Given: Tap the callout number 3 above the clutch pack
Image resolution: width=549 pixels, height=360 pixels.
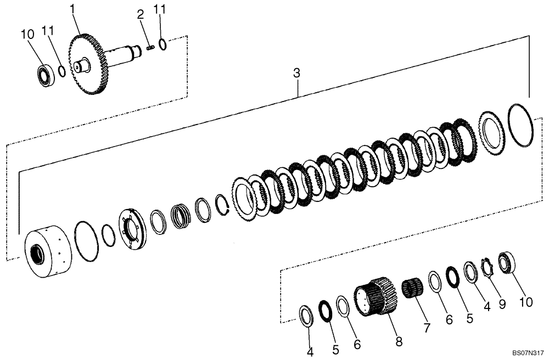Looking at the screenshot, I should pyautogui.click(x=296, y=73).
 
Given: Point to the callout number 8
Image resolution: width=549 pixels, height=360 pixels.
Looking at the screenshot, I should pyautogui.click(x=399, y=341).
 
